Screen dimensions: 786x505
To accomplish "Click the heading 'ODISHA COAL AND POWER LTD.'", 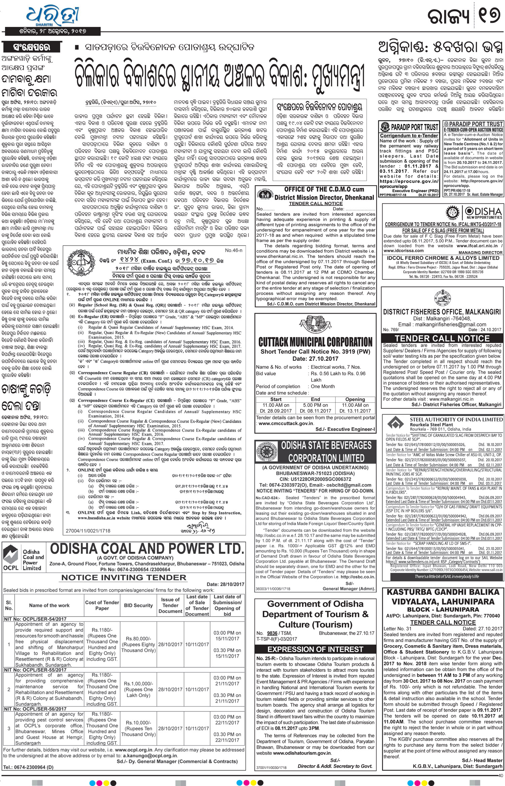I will (x=147, y=549).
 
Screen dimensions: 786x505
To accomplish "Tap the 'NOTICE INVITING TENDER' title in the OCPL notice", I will (x=124, y=578).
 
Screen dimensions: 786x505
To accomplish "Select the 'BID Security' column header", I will (x=138, y=605).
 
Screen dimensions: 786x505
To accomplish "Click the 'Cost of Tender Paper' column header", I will (x=102, y=605).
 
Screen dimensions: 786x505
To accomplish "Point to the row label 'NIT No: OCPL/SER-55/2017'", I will (x=35, y=670).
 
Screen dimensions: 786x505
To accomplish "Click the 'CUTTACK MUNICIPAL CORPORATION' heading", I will (x=315, y=342).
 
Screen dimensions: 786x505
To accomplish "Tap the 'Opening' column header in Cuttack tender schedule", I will (x=355, y=399).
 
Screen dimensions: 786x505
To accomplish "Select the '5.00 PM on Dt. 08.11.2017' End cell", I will (x=315, y=408).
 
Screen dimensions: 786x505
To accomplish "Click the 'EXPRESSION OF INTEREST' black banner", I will (x=315, y=649).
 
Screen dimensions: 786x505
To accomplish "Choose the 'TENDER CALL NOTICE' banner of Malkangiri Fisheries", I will (x=442, y=338).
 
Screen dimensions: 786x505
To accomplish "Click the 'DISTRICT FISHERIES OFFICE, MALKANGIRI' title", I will (x=442, y=312).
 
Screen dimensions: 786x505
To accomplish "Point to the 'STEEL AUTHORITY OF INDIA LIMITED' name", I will (x=456, y=419).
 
